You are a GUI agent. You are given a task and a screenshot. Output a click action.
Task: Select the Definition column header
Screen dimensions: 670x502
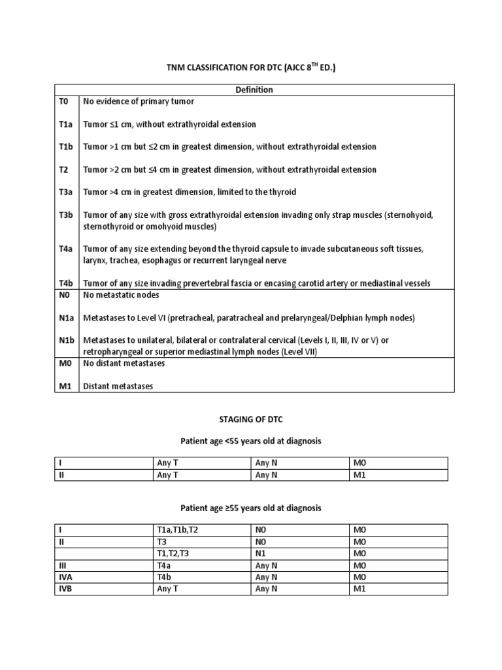pos(254,90)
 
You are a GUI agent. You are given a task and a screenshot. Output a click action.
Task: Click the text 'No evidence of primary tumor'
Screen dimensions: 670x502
pos(139,101)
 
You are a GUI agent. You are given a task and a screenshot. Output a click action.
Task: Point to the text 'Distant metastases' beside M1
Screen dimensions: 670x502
pos(118,386)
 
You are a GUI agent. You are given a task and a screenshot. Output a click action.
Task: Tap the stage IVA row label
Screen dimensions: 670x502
pos(65,577)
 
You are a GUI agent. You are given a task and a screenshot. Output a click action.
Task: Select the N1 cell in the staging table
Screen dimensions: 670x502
pos(261,554)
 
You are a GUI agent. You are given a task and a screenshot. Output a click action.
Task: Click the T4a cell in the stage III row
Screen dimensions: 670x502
pos(165,565)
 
